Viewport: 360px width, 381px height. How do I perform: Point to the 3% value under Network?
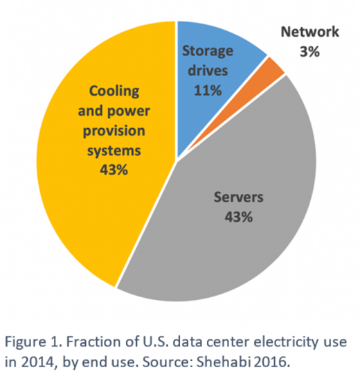(x=309, y=51)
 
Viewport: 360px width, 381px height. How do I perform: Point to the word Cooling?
(x=111, y=91)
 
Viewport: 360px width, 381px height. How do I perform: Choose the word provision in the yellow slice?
(x=113, y=130)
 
